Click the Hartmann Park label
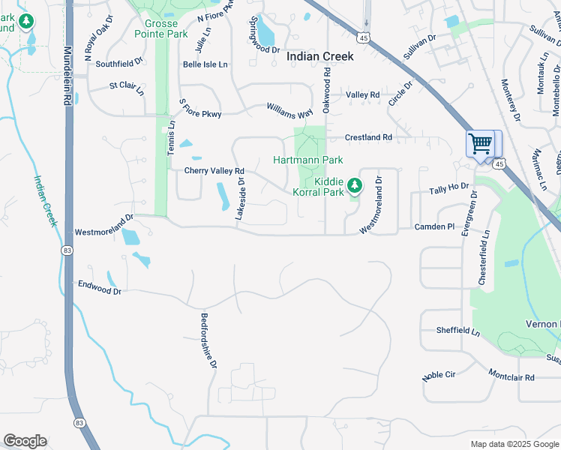point(307,160)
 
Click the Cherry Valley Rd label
point(214,171)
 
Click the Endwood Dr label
point(99,286)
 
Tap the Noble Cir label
point(439,375)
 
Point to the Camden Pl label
point(435,226)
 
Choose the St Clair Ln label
point(127,88)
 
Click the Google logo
point(25,441)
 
